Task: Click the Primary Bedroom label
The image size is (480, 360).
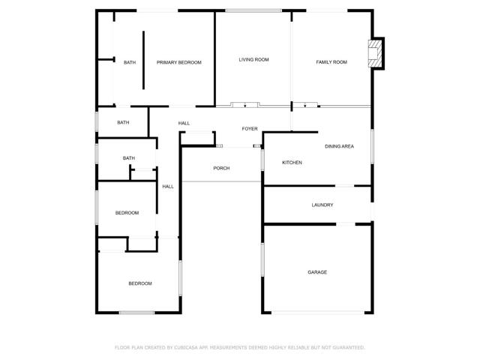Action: click(x=179, y=62)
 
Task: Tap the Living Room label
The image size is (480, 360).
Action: click(x=253, y=59)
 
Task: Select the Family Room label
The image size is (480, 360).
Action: click(x=331, y=62)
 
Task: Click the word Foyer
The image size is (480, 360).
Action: click(x=250, y=129)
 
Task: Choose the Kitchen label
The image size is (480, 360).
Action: click(x=292, y=163)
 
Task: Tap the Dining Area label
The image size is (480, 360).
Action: click(x=339, y=146)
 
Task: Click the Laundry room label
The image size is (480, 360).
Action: click(x=322, y=205)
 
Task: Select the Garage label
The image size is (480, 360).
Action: click(x=317, y=272)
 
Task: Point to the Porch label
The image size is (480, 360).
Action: click(x=221, y=168)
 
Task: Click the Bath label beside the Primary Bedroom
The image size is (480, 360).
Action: click(x=130, y=62)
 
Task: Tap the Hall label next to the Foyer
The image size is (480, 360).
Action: click(x=184, y=123)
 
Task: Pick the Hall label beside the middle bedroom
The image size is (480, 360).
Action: click(x=168, y=187)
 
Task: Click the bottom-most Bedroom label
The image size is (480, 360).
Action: click(x=140, y=283)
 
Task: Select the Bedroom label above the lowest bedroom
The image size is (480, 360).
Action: click(x=127, y=213)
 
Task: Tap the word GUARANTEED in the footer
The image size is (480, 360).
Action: click(x=349, y=347)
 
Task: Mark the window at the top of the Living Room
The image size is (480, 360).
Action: click(x=253, y=10)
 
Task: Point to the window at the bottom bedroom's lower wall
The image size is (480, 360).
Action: click(x=136, y=312)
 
